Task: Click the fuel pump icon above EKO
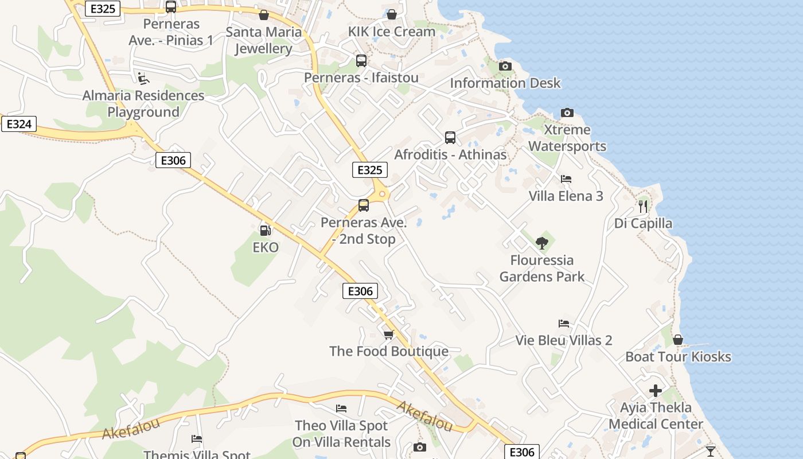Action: pyautogui.click(x=266, y=230)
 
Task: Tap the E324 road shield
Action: pyautogui.click(x=19, y=124)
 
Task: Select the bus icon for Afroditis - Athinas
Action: pyautogui.click(x=450, y=138)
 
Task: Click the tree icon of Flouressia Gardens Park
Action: pyautogui.click(x=541, y=243)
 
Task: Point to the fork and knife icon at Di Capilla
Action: pyautogui.click(x=643, y=206)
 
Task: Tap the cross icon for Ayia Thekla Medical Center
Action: pyautogui.click(x=656, y=391)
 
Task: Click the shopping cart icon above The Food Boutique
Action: pyautogui.click(x=388, y=334)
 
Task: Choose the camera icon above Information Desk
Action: pyautogui.click(x=505, y=66)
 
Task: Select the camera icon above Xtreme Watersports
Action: pyautogui.click(x=567, y=112)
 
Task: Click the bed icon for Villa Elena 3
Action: pyautogui.click(x=566, y=179)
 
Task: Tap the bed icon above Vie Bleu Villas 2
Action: pyautogui.click(x=563, y=324)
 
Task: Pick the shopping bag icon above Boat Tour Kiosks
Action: pyautogui.click(x=677, y=340)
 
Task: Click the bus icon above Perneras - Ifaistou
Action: pyautogui.click(x=361, y=60)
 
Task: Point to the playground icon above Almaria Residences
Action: pyautogui.click(x=143, y=78)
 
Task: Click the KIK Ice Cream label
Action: pyautogui.click(x=392, y=32)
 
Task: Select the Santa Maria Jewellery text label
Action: pyautogui.click(x=264, y=40)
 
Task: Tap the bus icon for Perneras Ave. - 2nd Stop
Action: pyautogui.click(x=364, y=205)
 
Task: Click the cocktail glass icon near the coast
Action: pyautogui.click(x=711, y=451)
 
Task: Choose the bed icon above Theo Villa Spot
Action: pyautogui.click(x=341, y=409)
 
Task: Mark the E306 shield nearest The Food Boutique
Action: pyautogui.click(x=361, y=291)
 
